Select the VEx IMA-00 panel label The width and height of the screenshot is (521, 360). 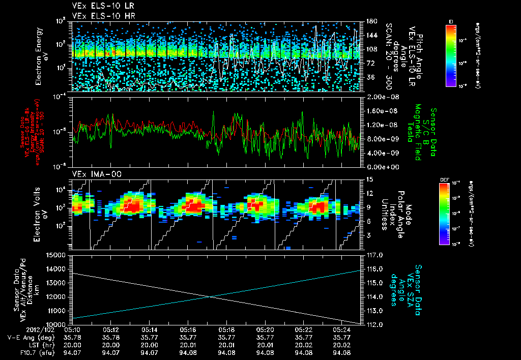click(94, 174)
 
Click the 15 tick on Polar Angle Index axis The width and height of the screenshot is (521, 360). click(369, 179)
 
